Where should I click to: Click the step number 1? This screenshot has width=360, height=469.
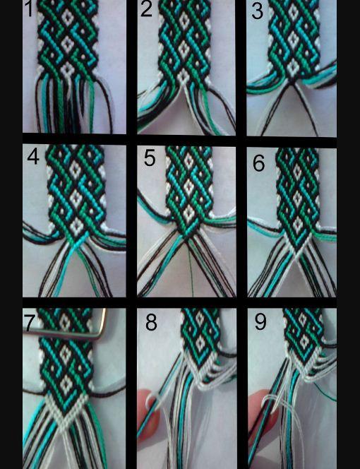(x=29, y=9)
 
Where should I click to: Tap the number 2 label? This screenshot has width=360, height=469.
(x=146, y=9)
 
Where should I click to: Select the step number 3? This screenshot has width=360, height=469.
(x=257, y=11)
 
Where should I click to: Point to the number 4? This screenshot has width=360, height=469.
(x=33, y=156)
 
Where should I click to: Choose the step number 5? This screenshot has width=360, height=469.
(x=150, y=158)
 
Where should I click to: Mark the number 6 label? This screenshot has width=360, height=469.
(x=258, y=163)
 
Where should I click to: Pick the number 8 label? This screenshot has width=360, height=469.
(x=151, y=322)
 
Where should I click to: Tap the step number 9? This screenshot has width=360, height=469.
(x=260, y=322)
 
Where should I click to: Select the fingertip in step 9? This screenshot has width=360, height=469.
(x=260, y=410)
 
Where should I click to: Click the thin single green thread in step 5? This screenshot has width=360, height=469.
(x=191, y=269)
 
